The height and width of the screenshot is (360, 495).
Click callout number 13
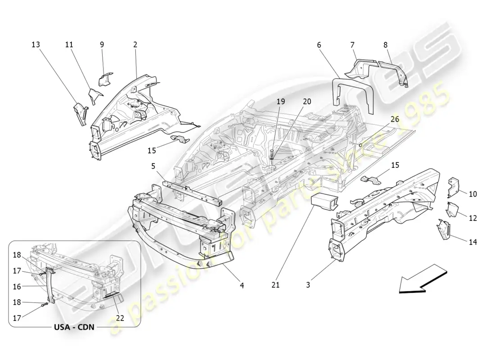click(36, 45)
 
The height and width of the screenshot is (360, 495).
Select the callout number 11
click(69, 45)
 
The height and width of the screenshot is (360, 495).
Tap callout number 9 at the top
click(102, 45)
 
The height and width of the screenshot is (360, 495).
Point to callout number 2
click(135, 45)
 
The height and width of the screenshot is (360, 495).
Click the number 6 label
click(319, 45)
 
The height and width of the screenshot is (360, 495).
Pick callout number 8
click(385, 45)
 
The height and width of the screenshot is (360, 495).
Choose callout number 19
click(281, 102)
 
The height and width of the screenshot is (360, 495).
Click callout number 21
click(275, 284)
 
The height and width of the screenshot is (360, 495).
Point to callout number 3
click(308, 284)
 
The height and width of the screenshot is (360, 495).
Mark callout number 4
click(242, 284)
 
